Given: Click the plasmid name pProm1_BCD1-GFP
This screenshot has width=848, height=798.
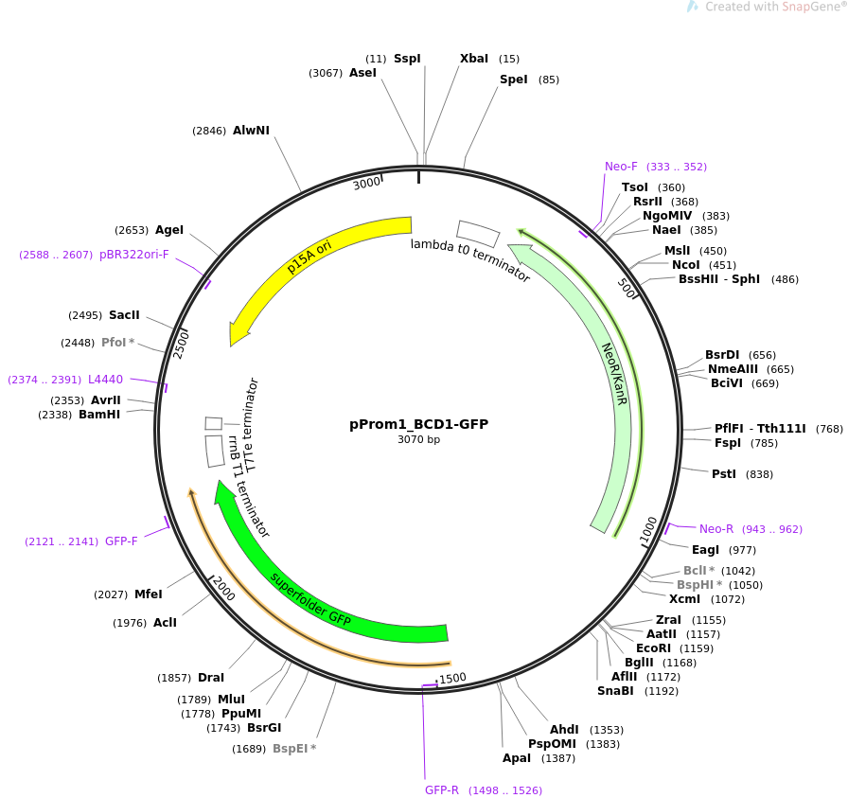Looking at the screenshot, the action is [x=418, y=424].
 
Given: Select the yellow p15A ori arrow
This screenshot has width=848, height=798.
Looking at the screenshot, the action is [x=303, y=256].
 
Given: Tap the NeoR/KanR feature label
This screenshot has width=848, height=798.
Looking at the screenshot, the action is [x=614, y=374].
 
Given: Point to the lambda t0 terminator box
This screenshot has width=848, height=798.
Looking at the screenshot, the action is [x=478, y=233].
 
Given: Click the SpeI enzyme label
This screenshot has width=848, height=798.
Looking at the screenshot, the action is [x=513, y=80].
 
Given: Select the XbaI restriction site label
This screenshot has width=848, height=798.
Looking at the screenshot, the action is [x=474, y=59].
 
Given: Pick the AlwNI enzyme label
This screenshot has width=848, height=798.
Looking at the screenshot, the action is [x=251, y=131].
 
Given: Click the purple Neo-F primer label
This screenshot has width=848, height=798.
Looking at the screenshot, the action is [x=621, y=167].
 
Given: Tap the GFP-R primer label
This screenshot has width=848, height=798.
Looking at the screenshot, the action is [x=442, y=789].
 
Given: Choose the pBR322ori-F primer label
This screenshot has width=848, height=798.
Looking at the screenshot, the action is [x=134, y=255].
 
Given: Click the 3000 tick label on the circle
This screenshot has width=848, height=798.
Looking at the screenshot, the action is [x=366, y=184].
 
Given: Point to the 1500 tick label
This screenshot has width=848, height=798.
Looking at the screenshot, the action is [x=452, y=679].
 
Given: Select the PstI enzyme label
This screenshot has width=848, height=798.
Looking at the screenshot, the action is [x=724, y=474].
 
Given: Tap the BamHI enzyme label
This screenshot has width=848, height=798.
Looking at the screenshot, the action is [x=99, y=415].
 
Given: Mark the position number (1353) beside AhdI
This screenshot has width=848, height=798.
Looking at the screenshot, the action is [x=607, y=730].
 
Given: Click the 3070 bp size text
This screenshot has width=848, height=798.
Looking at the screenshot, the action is [x=418, y=439].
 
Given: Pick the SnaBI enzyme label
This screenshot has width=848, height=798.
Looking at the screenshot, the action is [x=615, y=691].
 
